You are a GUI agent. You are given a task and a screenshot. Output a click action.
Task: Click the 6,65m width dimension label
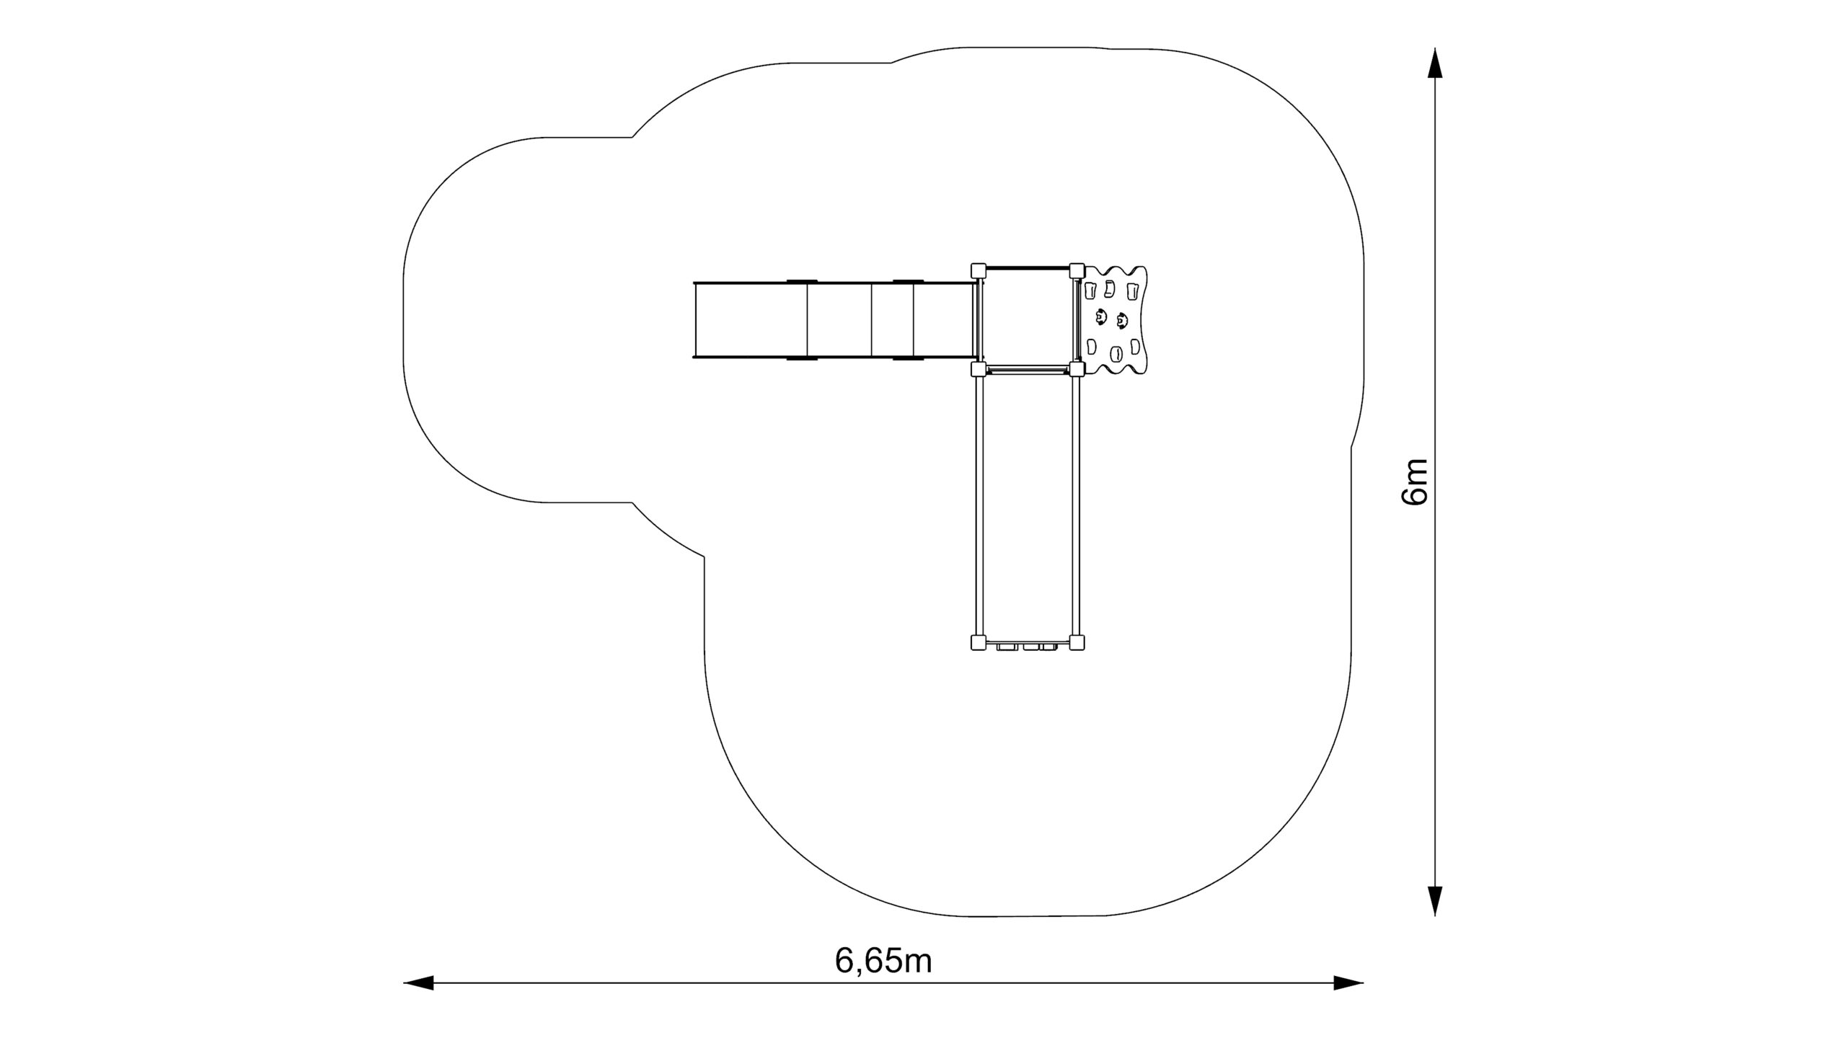click(x=883, y=960)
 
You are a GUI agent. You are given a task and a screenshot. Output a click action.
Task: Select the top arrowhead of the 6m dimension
click(x=1435, y=62)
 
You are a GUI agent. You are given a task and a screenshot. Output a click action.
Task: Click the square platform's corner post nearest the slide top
click(x=978, y=270)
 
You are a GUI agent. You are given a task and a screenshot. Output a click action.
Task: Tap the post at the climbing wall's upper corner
click(x=1077, y=270)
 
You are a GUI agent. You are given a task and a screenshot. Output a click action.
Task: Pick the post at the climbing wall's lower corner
click(x=1077, y=369)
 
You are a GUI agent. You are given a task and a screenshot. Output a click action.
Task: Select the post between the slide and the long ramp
click(x=978, y=369)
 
